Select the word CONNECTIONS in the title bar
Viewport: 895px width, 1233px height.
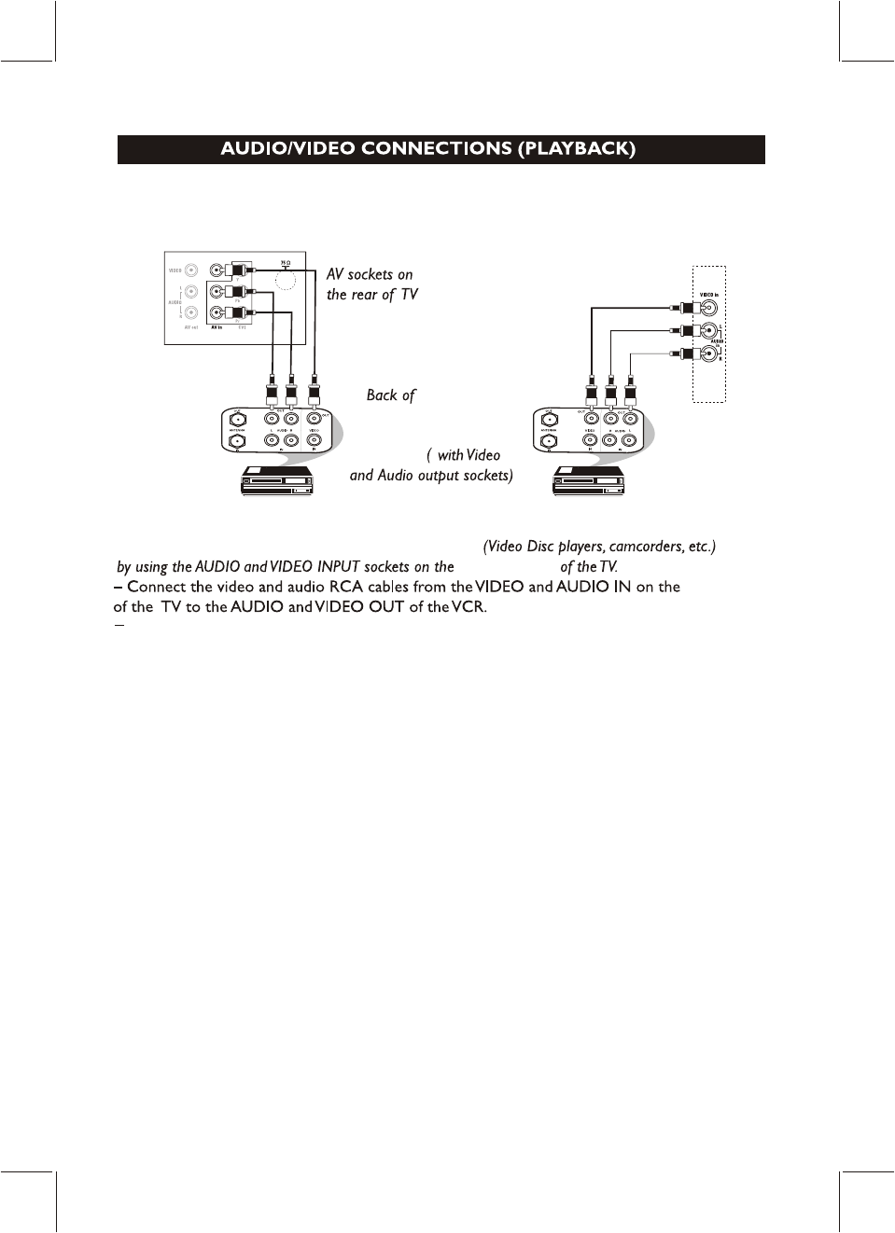(436, 149)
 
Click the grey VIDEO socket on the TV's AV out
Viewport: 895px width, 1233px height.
(191, 270)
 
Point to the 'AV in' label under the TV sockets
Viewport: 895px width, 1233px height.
(216, 328)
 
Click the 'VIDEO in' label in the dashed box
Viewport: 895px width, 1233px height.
(709, 295)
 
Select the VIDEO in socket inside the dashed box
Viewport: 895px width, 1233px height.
(709, 308)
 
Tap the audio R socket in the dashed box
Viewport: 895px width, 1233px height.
(709, 354)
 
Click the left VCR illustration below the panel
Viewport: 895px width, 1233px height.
(277, 480)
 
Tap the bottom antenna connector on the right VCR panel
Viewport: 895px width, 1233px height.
(549, 441)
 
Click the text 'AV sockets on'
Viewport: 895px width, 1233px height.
(370, 274)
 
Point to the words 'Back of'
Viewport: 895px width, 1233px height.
(390, 395)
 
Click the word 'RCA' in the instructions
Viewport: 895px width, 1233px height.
(345, 587)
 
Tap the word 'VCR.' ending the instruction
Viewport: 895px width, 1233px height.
(469, 607)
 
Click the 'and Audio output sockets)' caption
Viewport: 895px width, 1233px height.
(431, 476)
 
